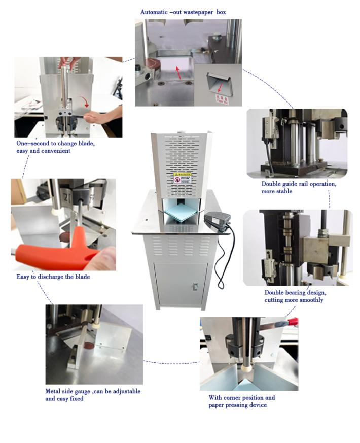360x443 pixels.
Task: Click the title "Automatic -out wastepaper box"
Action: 187,11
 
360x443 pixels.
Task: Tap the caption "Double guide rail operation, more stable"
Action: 299,187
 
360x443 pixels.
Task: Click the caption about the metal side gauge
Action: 93,395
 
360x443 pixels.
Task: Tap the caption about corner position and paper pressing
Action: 242,401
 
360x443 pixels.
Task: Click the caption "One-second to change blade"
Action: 55,147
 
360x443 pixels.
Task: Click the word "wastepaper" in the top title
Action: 197,11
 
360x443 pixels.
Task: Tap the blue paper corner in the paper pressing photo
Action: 244,378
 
